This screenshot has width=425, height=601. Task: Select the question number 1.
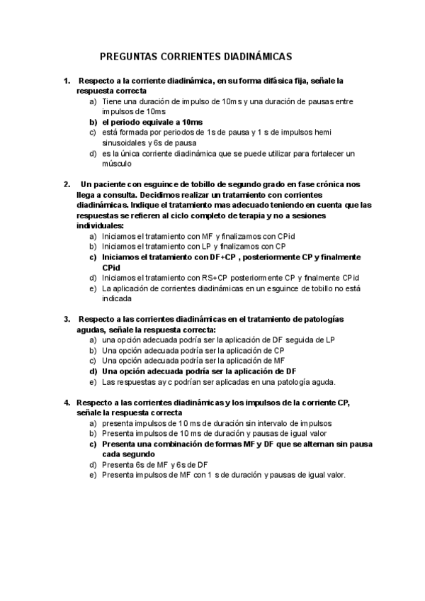(67, 82)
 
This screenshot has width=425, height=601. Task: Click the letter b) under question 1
(93, 122)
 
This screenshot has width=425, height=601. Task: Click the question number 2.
(67, 184)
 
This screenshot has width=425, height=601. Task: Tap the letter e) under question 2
(93, 288)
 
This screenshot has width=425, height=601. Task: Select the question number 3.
(67, 320)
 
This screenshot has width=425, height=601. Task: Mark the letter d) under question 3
(93, 371)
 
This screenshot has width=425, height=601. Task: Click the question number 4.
(67, 403)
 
